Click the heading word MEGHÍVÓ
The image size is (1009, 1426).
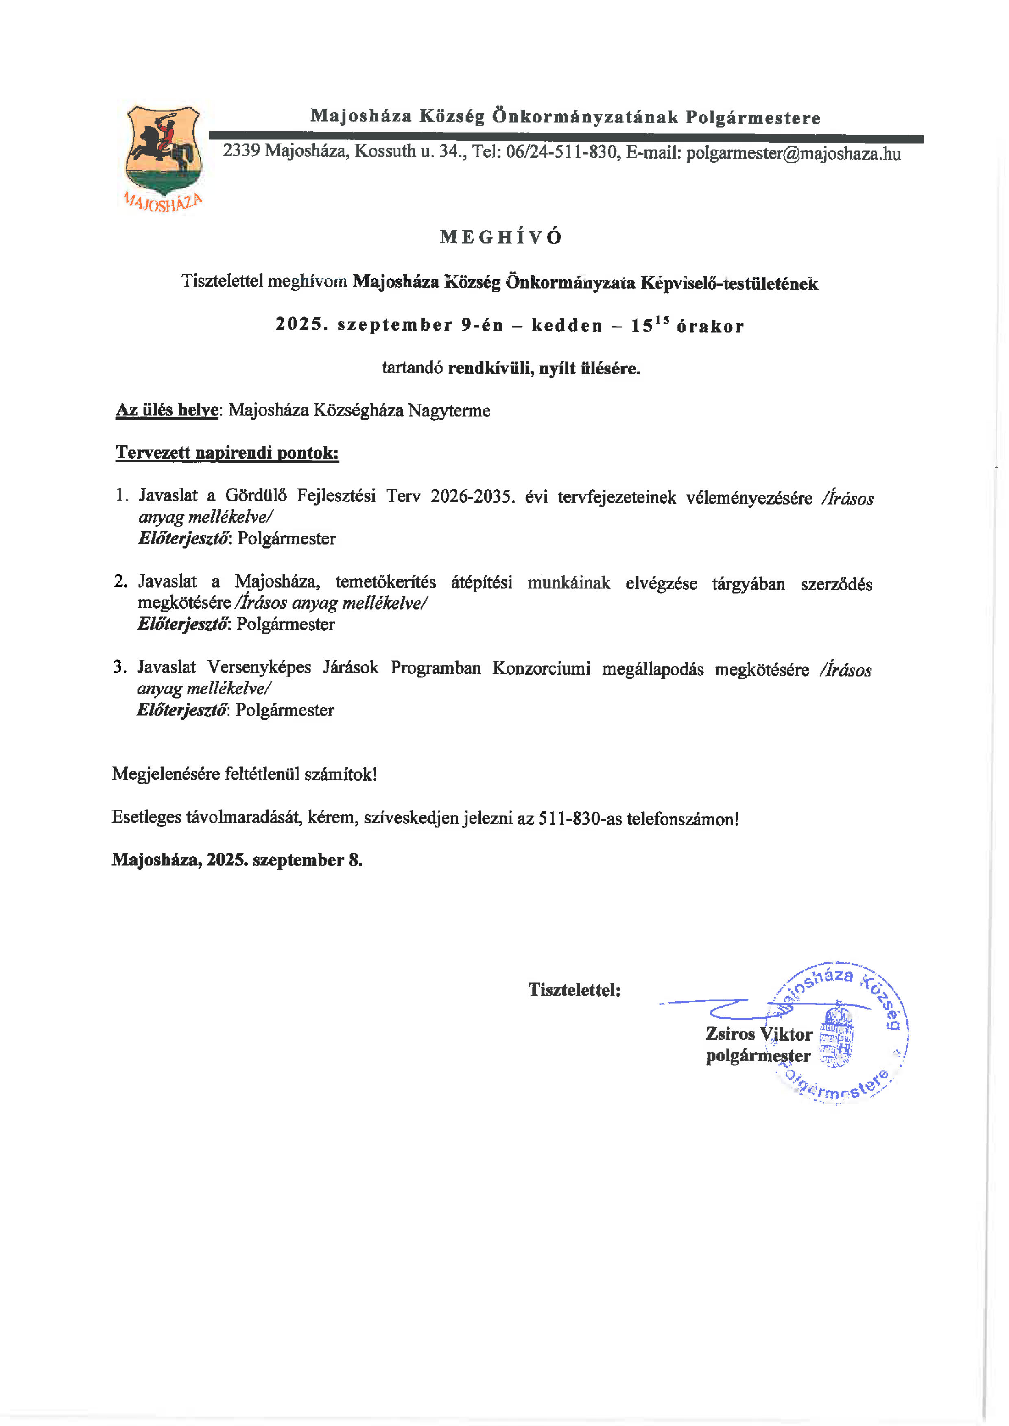[x=501, y=237]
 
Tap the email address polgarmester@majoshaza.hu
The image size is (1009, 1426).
[x=793, y=153]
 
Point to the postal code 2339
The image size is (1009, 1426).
[x=241, y=150]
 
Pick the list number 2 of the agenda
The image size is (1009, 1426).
[x=120, y=581]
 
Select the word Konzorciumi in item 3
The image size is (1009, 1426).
[x=541, y=668]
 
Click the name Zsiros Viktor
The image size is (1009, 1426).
[x=759, y=1034]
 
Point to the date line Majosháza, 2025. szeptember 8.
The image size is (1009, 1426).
[x=237, y=860]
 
